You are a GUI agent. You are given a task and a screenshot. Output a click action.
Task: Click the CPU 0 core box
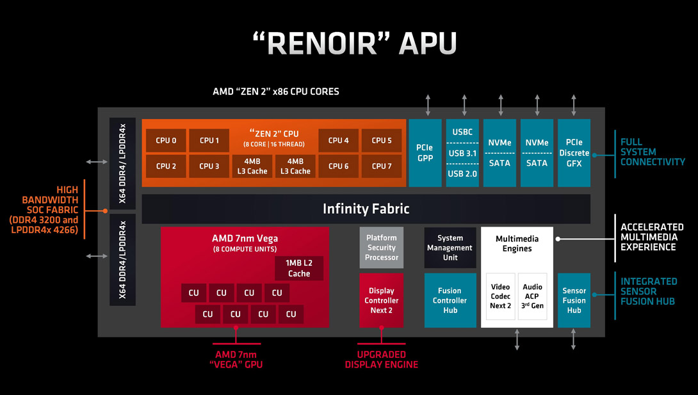[166, 141]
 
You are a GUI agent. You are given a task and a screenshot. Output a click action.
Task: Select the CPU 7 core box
[382, 166]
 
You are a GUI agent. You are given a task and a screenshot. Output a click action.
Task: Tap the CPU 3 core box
[209, 166]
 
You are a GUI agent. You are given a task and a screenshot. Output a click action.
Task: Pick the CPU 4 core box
[338, 141]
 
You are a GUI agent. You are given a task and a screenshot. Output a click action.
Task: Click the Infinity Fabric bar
[366, 209]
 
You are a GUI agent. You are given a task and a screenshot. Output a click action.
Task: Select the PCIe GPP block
[425, 152]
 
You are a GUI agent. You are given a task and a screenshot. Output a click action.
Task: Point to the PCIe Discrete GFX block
[574, 152]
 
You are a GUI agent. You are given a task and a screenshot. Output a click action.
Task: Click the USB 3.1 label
[462, 153]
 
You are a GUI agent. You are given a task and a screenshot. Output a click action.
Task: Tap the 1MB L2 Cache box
[299, 268]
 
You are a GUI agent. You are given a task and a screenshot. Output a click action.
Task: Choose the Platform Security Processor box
[382, 248]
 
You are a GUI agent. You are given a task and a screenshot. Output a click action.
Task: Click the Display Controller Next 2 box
[382, 300]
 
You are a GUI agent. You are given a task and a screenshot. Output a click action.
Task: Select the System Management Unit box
[450, 248]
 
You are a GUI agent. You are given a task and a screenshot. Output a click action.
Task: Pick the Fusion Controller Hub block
[450, 300]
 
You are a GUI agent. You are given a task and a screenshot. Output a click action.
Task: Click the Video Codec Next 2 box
[500, 296]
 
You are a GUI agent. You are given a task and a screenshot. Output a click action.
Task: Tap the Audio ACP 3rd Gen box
[532, 296]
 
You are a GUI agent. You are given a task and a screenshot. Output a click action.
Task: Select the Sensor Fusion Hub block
[574, 300]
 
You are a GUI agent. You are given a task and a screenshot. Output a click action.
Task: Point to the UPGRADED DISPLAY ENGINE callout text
[382, 359]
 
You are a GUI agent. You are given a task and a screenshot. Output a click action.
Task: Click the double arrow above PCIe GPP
[428, 105]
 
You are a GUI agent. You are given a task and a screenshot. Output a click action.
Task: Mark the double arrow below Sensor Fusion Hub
[573, 339]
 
